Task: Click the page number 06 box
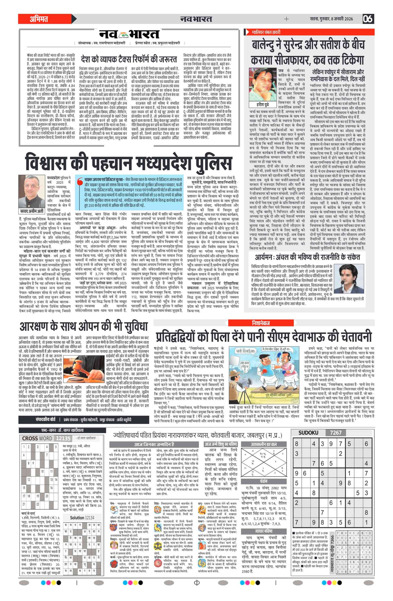[x=368, y=19]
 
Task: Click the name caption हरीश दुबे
[x=263, y=105]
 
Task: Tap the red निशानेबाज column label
[x=261, y=323]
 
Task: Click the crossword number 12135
[x=63, y=438]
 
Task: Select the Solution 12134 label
[x=82, y=518]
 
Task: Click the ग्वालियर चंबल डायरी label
[x=266, y=32]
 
